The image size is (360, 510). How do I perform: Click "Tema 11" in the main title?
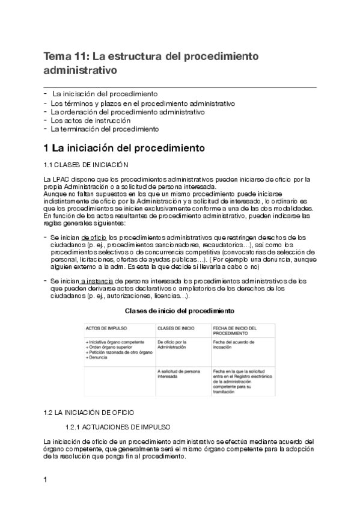pyautogui.click(x=63, y=57)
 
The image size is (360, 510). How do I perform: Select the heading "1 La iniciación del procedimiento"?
pyautogui.click(x=124, y=148)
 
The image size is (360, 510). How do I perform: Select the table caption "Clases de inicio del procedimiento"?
pyautogui.click(x=179, y=311)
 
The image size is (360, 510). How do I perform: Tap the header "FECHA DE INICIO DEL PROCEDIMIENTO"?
pyautogui.click(x=235, y=330)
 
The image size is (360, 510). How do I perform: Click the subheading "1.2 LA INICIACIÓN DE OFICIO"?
pyautogui.click(x=89, y=413)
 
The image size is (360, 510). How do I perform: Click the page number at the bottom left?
pyautogui.click(x=46, y=480)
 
